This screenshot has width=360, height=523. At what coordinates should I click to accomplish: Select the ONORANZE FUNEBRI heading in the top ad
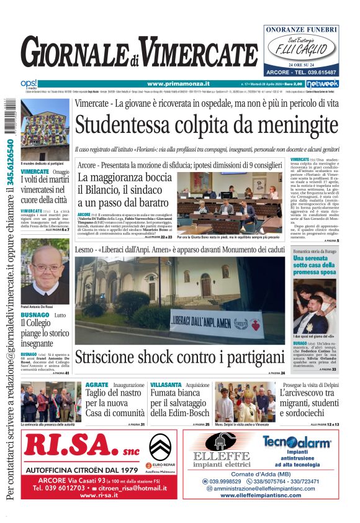[301, 29]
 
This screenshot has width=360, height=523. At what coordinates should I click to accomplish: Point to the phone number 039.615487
[320, 71]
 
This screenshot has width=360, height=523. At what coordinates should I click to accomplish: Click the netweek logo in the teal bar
[323, 83]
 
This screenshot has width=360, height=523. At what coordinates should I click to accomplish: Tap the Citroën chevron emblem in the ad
[160, 446]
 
